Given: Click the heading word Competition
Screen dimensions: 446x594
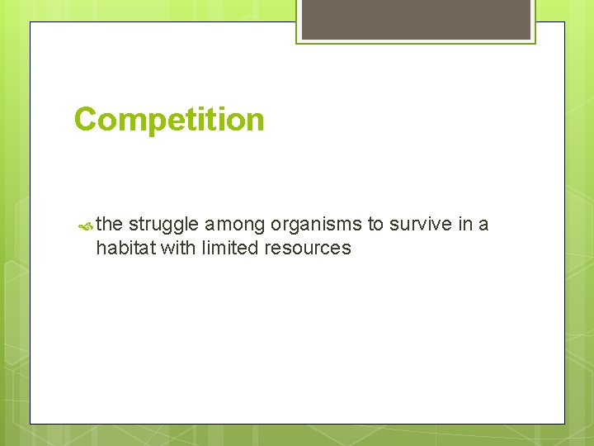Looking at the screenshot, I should (169, 120).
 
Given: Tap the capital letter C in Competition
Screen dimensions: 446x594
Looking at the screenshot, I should (85, 120).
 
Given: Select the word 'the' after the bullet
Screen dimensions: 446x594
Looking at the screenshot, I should (110, 224).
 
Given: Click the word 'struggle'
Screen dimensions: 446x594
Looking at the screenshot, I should (163, 225).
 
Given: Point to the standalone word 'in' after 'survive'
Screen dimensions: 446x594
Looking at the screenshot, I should (461, 224).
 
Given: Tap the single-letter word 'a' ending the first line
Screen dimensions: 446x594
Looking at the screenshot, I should (483, 225).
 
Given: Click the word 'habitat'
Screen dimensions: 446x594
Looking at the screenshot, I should (125, 248).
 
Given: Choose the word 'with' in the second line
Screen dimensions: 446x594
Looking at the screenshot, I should (177, 248).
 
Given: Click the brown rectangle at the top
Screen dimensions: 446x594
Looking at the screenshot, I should (416, 19).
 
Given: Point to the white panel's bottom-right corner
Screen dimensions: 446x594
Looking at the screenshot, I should (564, 424).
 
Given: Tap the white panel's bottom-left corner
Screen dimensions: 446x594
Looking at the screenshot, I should (31, 424).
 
